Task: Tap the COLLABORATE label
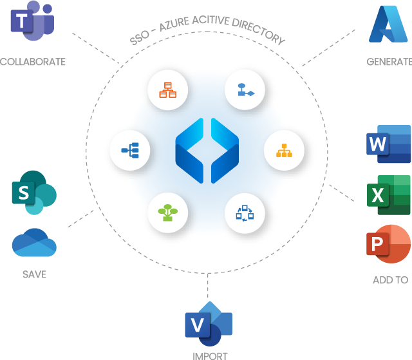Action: click(32, 62)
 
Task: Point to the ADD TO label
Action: click(390, 280)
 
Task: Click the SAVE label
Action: click(34, 274)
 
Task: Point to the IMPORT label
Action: click(210, 355)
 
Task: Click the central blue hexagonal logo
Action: click(207, 151)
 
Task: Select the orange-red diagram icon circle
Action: click(168, 90)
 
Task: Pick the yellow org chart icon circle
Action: click(284, 151)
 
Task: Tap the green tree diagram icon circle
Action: click(168, 212)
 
